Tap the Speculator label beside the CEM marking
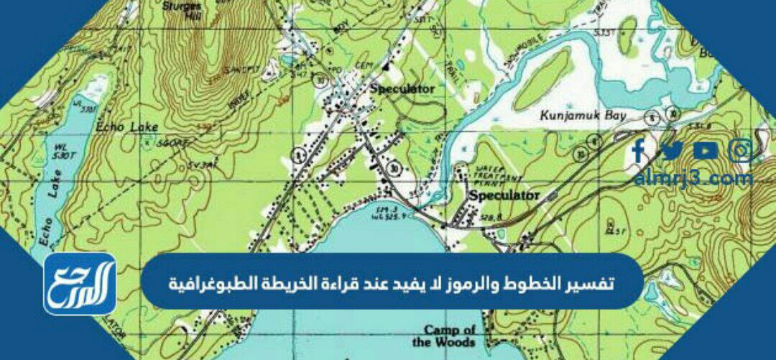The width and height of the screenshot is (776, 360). pos(402,88)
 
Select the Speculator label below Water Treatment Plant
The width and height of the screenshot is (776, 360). pos(504,195)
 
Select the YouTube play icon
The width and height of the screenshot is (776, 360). pos(706,150)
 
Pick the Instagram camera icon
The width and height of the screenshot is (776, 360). pos(740,150)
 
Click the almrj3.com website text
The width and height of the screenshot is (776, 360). pos(693,177)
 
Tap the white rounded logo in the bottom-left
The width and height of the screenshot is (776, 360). pos(80,283)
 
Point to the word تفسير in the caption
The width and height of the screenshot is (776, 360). pos(593,280)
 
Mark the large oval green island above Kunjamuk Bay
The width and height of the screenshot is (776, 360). pos(542,80)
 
